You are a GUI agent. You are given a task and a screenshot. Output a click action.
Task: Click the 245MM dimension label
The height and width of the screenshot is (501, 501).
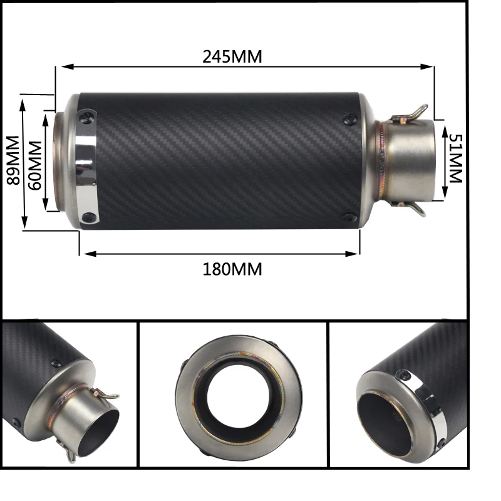tap(232, 56)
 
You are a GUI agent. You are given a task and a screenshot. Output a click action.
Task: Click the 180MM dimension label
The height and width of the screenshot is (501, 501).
tap(232, 269)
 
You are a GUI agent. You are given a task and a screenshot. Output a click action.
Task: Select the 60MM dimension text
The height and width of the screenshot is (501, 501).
tap(35, 162)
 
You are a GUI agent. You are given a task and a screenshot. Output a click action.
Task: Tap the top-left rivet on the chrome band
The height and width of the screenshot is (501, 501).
tap(89, 115)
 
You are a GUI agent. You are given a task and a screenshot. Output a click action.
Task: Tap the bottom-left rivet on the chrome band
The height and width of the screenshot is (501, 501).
tap(89, 217)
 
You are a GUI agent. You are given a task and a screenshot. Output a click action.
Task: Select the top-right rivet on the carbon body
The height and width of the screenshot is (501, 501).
tap(349, 117)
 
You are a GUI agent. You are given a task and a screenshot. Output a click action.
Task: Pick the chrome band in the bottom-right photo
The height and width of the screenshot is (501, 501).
tap(432, 407)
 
